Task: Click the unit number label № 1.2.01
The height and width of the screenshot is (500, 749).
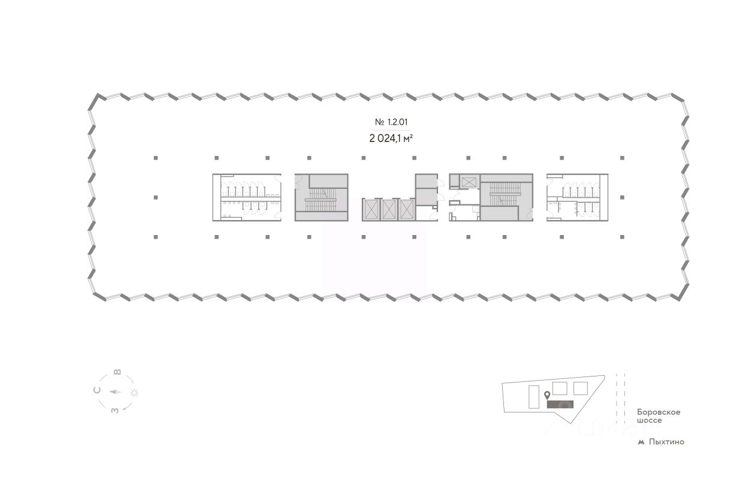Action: pos(391,122)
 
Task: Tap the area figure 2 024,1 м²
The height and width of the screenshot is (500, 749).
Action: pos(391,138)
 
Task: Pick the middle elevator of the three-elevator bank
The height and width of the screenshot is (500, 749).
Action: pos(389,210)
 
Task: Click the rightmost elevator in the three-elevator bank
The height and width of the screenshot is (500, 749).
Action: pos(407,210)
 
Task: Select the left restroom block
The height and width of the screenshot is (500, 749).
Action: pos(246,197)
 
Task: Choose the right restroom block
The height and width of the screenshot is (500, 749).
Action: pos(576,197)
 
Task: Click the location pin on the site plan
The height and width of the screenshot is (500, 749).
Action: pos(547,396)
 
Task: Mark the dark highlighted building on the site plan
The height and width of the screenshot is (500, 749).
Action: pos(560,404)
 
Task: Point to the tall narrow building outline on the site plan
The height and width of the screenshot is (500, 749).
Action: pos(533,397)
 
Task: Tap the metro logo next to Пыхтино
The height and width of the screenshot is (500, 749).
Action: pos(641,442)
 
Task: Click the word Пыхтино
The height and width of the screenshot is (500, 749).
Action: pos(666,442)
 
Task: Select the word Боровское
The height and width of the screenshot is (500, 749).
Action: pos(659,412)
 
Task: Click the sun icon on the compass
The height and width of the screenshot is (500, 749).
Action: pos(135,393)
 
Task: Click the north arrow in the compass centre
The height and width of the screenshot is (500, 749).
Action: pos(116,393)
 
